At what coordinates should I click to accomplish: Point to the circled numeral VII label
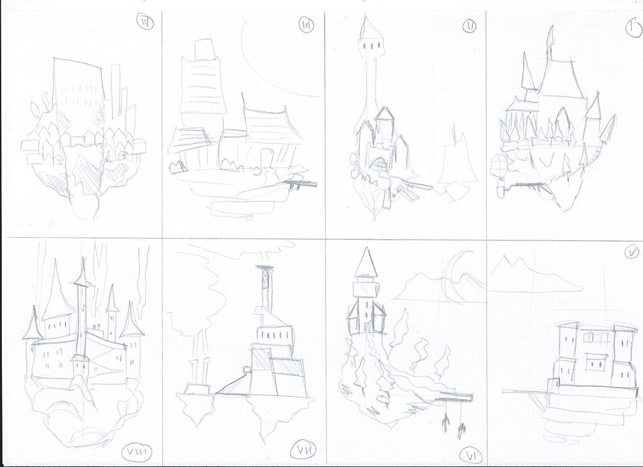coord(305,449)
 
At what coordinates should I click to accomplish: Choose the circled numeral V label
coord(630,253)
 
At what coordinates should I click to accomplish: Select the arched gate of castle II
coord(377,165)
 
